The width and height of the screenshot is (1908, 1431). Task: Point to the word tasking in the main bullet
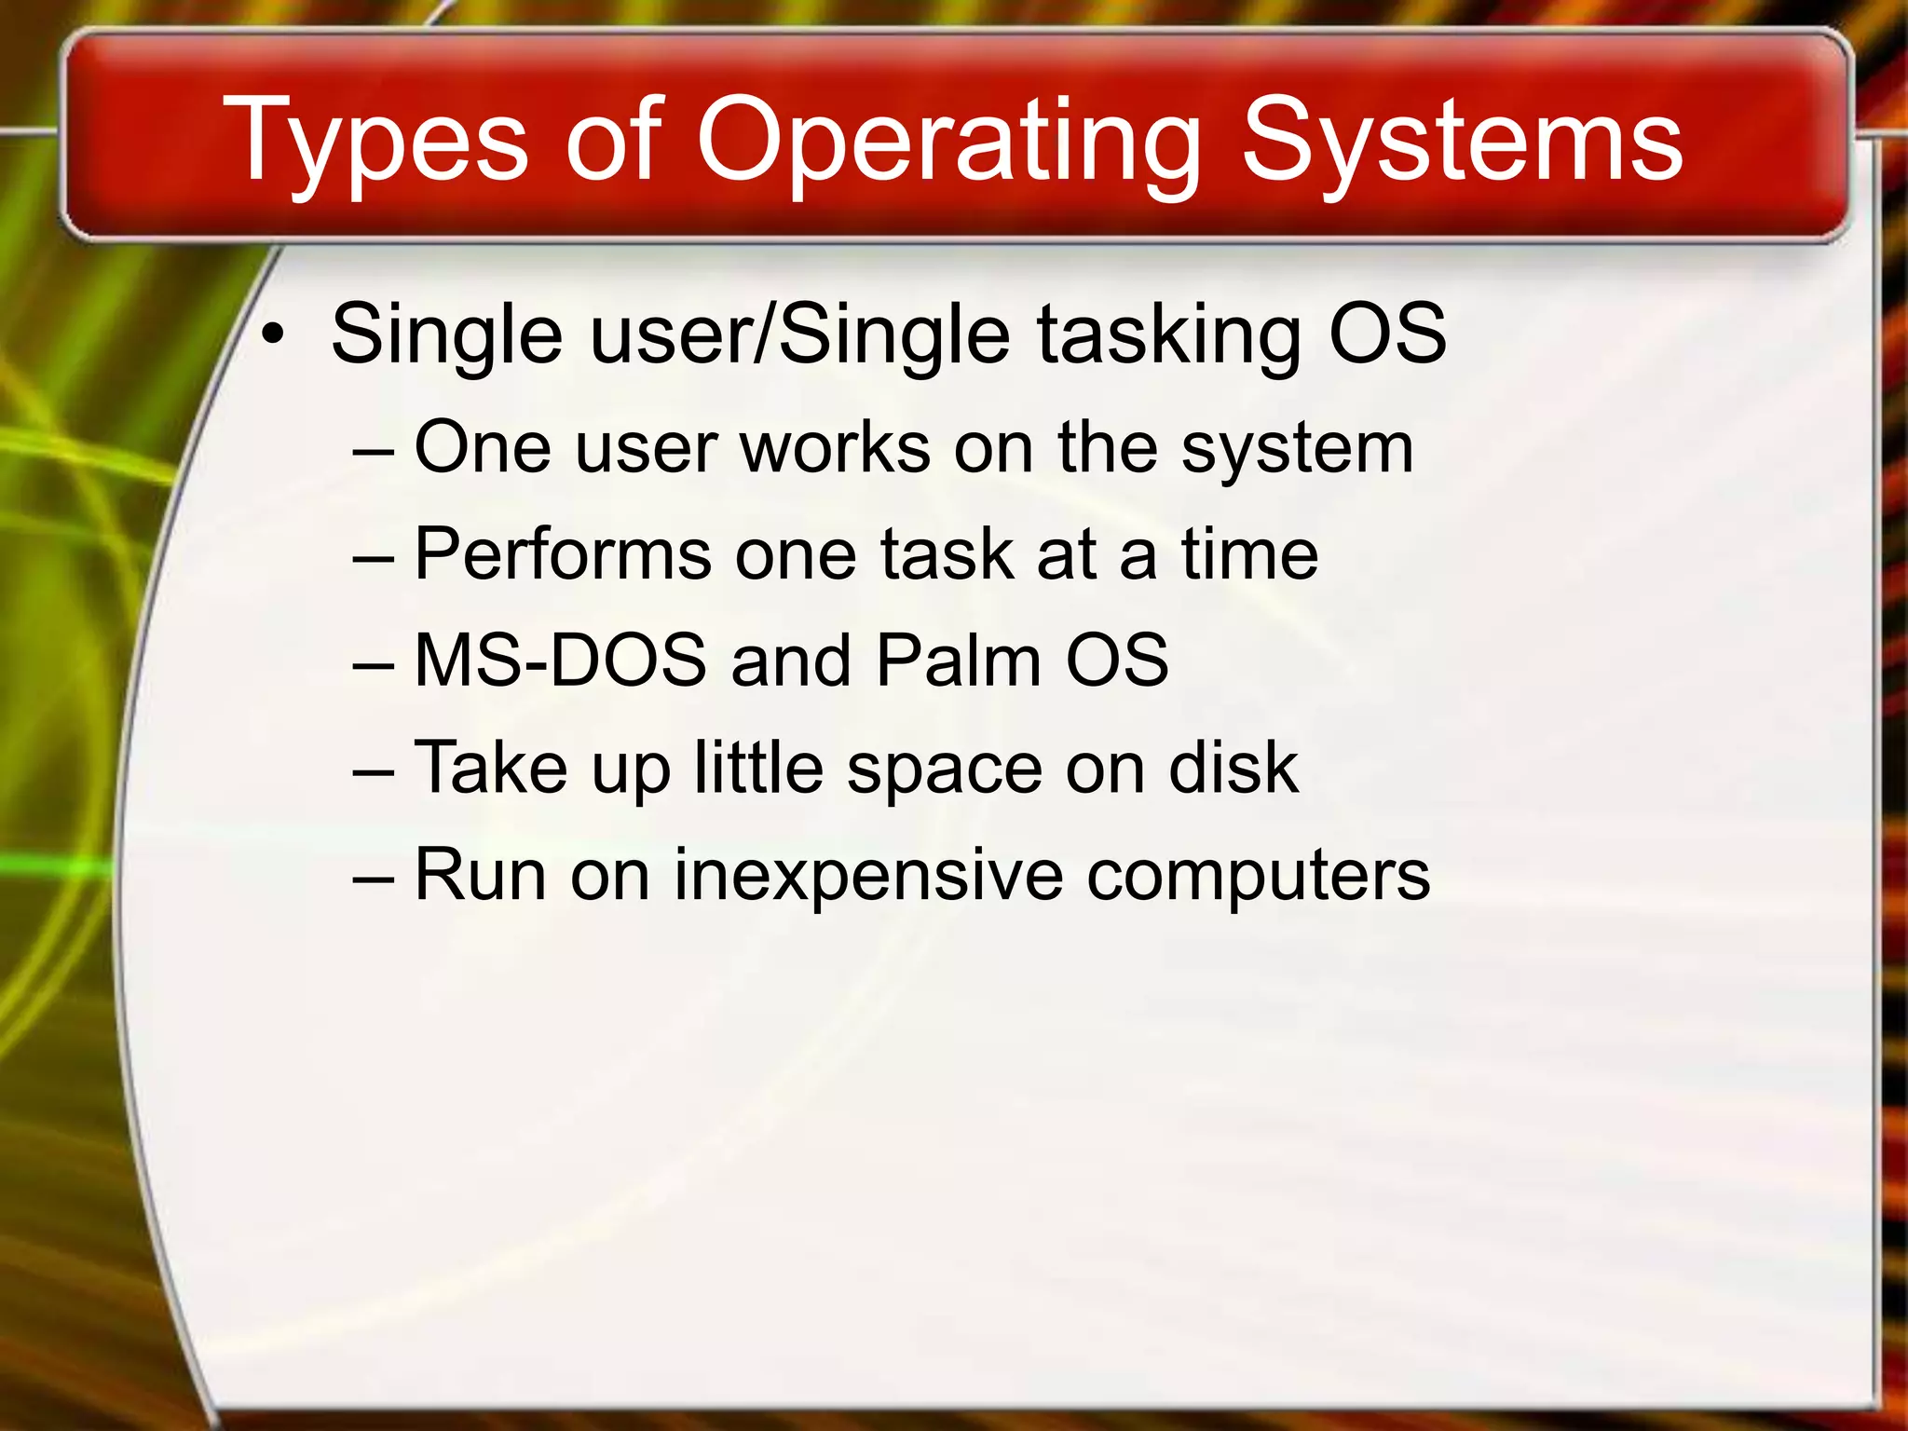pos(1168,335)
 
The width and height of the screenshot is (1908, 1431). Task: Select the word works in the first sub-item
pos(835,448)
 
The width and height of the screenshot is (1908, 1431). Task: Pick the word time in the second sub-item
pos(1249,554)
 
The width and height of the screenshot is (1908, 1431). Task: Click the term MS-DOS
pos(560,661)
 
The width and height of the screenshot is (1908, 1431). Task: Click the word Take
pos(490,768)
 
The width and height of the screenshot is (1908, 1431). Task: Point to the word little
pos(759,768)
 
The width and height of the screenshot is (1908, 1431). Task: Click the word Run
pos(480,875)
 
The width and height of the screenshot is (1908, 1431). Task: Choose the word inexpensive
pos(867,877)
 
